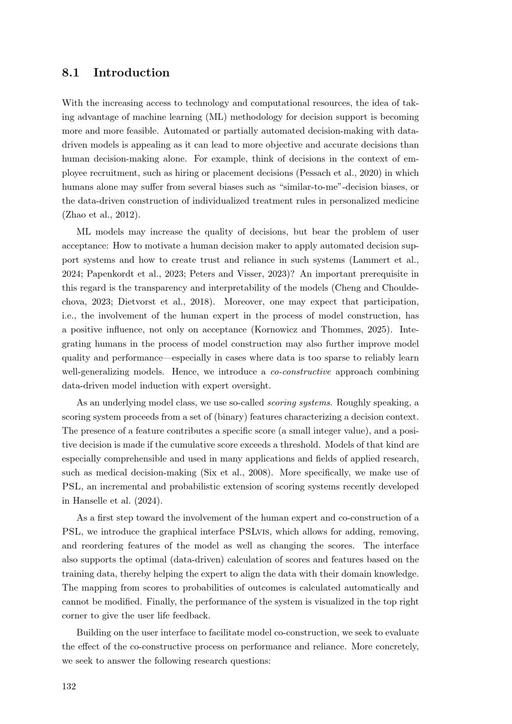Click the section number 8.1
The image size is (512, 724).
70,73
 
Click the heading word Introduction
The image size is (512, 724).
131,73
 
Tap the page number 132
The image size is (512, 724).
69,687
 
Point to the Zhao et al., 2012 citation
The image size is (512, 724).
101,215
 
